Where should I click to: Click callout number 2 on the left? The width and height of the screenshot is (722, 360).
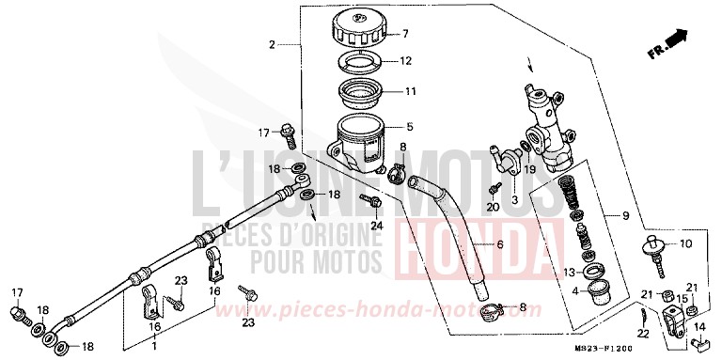coord(272,44)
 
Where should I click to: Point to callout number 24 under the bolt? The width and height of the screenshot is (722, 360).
coord(377,225)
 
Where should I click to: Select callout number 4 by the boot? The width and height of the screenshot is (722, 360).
coord(571,290)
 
